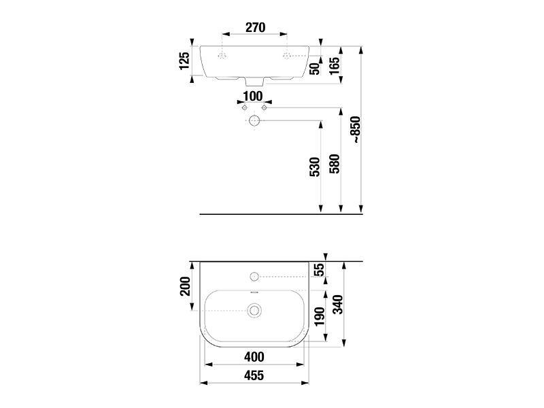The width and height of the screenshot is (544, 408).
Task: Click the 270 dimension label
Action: [256, 27]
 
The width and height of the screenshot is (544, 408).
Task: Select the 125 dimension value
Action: [184, 61]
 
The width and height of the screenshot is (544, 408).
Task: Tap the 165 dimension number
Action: [335, 65]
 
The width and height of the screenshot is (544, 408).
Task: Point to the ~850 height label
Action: [356, 130]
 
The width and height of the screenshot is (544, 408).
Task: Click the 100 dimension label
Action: [253, 96]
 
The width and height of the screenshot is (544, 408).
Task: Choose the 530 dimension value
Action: [315, 167]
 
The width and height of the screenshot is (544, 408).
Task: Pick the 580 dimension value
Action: [335, 164]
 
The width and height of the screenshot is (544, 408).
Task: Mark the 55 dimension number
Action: [319, 269]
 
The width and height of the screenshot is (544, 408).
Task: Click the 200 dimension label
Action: [185, 286]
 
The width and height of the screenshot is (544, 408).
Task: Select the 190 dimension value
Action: [319, 316]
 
